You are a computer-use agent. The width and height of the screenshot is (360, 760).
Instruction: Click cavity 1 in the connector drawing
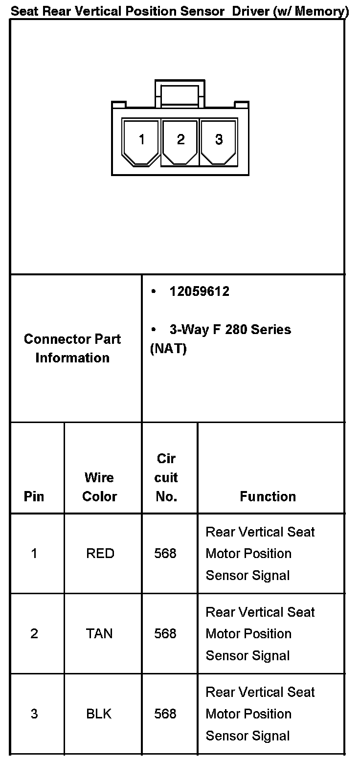pos(141,140)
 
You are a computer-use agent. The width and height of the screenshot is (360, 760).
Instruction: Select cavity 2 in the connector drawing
pos(180,140)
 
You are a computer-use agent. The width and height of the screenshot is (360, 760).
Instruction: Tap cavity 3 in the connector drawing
pos(219,140)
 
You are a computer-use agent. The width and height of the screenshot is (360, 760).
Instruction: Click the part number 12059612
pos(199,291)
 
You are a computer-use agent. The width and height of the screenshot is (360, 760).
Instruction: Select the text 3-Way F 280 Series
pos(230,330)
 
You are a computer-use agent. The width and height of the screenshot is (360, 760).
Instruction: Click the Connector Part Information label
pos(72,348)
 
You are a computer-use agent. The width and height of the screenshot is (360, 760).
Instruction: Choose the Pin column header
pos(34,496)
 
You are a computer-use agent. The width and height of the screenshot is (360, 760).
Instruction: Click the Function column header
pos(268,496)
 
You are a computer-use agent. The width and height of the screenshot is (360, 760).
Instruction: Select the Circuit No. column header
pos(166,478)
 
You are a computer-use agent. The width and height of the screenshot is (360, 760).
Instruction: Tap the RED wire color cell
pos(100,554)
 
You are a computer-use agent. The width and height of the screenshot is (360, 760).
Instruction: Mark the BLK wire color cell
pos(99,714)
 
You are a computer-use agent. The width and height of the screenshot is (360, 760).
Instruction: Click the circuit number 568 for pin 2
pos(165,634)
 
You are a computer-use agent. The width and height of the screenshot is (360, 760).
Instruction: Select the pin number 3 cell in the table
pos(34,714)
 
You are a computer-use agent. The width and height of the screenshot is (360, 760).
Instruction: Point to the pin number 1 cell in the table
pos(34,554)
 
